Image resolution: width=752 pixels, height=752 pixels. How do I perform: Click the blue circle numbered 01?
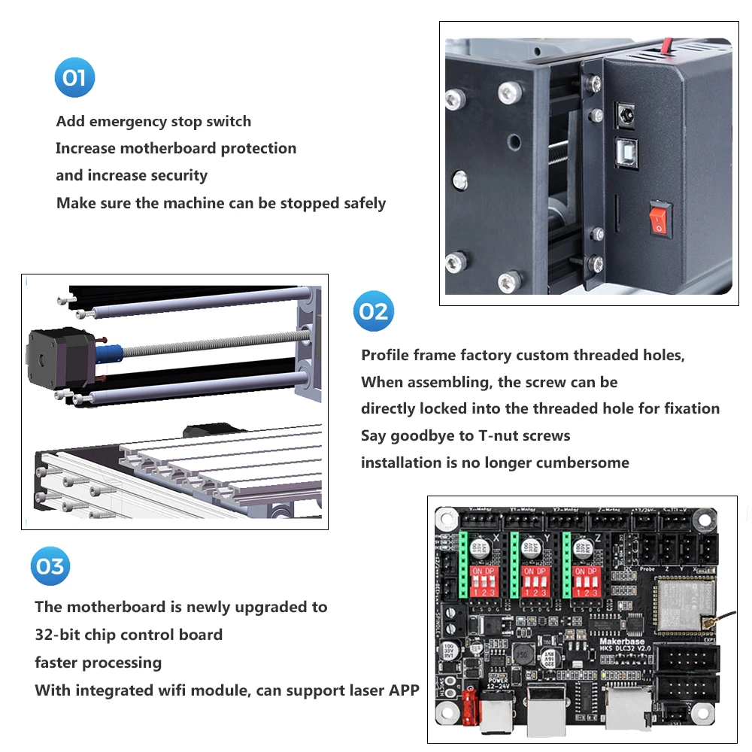coord(75,78)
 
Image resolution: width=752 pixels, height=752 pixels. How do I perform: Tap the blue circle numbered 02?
coord(374,311)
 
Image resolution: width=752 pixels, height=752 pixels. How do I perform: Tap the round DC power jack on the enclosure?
coord(624,114)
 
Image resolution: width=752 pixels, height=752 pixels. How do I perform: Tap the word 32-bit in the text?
coord(58,635)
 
